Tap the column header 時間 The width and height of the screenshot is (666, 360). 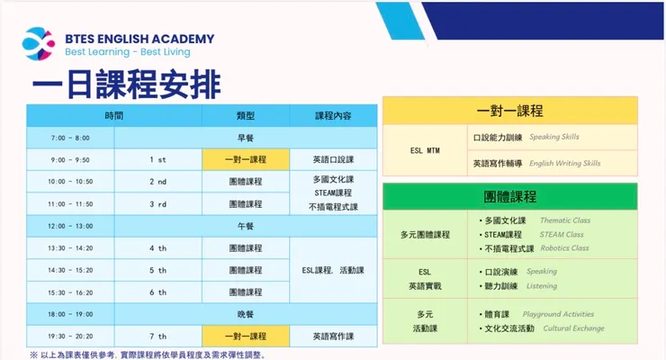113,115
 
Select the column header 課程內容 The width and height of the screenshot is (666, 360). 333,115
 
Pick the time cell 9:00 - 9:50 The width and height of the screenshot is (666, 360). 70,159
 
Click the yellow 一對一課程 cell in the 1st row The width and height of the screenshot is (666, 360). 246,159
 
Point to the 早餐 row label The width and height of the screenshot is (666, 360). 246,138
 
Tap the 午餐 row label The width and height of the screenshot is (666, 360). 246,226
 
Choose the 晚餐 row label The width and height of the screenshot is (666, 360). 246,314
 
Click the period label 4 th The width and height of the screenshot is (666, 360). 157,248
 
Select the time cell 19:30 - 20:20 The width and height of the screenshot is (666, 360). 70,337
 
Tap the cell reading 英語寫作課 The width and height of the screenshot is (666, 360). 333,337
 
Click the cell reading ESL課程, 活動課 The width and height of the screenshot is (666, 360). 333,270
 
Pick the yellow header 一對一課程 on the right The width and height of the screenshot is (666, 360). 509,111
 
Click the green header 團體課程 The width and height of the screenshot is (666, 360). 509,196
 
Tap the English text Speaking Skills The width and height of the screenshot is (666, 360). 554,137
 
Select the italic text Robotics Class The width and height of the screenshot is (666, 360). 564,247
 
